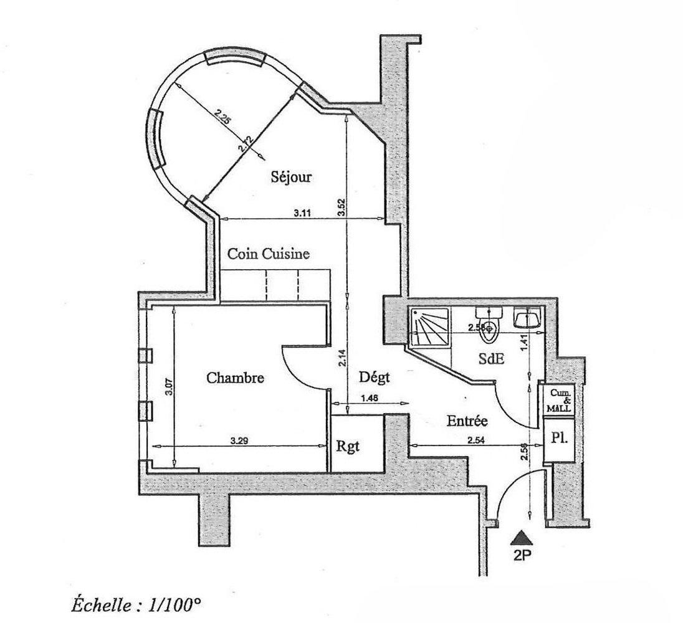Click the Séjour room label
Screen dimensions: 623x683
(x=291, y=178)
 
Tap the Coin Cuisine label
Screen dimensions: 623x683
(x=268, y=254)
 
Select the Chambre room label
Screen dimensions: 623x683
(x=236, y=378)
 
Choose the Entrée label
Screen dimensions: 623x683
(x=467, y=421)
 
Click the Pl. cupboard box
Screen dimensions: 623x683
(x=558, y=437)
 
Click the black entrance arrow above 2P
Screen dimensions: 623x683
(x=520, y=536)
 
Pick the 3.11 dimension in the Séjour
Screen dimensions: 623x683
(x=303, y=213)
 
